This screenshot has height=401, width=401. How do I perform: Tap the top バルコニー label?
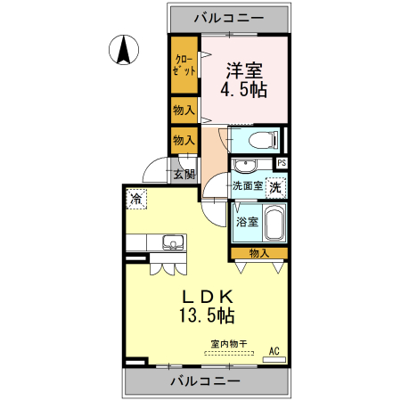tap(230, 17)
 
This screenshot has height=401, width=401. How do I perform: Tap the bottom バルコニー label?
tap(206, 381)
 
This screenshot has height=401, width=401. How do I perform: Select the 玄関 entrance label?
tap(184, 174)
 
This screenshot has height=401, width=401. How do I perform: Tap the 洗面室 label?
tap(247, 187)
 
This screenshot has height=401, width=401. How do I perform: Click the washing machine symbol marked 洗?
tap(276, 187)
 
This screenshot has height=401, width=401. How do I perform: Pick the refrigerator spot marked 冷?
tap(136, 199)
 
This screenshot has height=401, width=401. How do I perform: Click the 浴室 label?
tap(247, 222)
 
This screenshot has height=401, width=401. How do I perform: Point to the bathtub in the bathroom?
tap(274, 222)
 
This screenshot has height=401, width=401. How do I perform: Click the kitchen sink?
tap(172, 241)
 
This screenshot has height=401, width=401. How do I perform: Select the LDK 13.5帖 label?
tap(209, 306)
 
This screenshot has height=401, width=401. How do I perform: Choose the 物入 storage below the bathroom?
tap(258, 254)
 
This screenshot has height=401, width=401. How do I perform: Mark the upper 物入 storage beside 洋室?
tap(184, 110)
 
